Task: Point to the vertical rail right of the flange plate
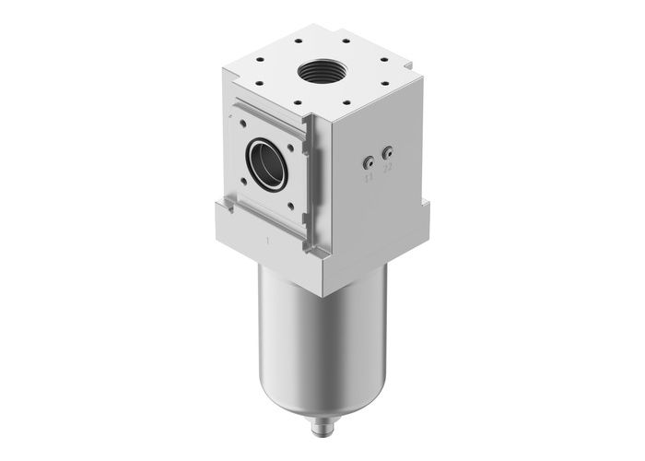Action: coord(309,184)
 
